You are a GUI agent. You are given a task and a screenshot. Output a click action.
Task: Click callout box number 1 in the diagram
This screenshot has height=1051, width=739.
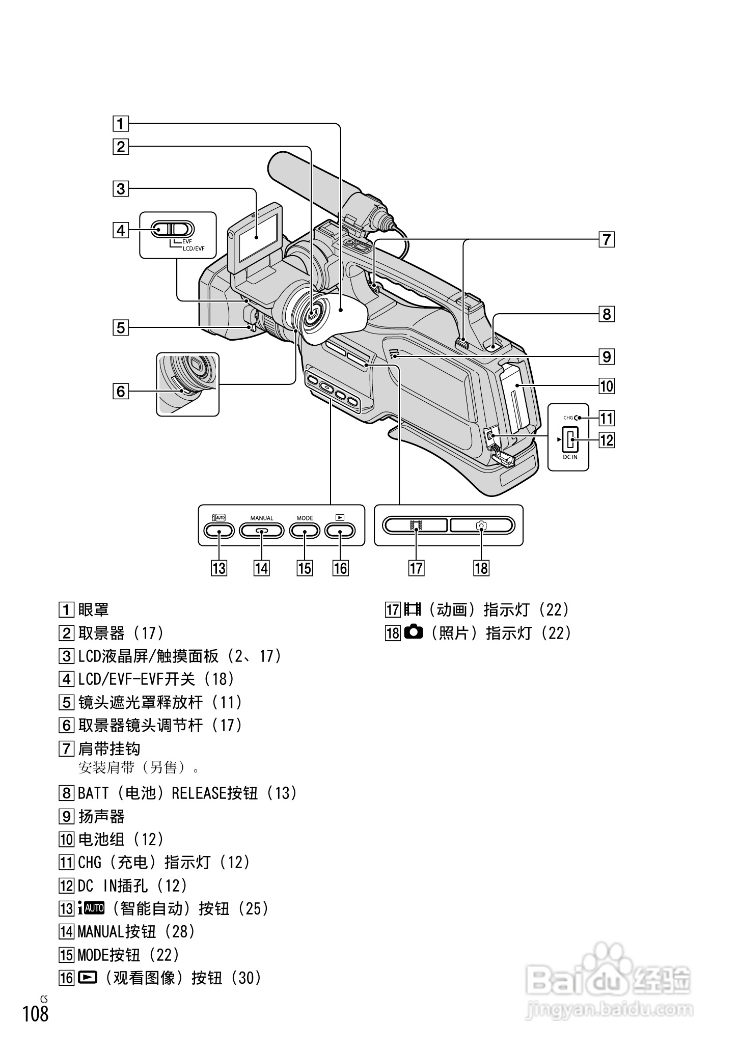coord(121,124)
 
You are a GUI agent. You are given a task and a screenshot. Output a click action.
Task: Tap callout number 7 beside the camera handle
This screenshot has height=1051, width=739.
coord(606,239)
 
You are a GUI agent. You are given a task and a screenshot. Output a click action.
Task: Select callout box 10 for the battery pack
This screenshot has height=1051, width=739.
coord(606,386)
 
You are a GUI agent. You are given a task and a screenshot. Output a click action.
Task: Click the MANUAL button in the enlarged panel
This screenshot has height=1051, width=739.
coord(262,531)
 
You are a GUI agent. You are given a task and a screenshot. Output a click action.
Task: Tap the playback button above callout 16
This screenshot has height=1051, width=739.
coord(340,531)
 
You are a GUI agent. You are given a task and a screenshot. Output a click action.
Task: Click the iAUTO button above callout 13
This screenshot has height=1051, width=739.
coord(219,531)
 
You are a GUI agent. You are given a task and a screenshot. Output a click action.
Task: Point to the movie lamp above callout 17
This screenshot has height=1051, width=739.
coord(416,525)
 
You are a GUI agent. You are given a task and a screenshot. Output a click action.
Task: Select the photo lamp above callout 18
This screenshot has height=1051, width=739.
coord(482,525)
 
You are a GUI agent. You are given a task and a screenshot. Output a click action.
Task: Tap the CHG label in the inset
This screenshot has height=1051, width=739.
coord(568,418)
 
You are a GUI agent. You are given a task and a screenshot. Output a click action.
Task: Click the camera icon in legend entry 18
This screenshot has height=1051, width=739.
coord(414,632)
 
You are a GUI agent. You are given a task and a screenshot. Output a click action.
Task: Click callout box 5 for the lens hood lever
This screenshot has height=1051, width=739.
coord(121,327)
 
